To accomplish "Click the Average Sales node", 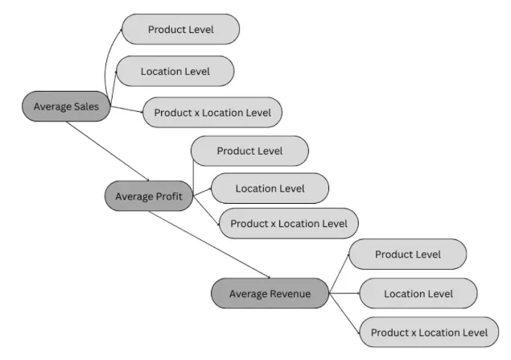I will pyautogui.click(x=66, y=106).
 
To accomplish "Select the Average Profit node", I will pyautogui.click(x=149, y=196).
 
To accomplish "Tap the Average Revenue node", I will pyautogui.click(x=270, y=293).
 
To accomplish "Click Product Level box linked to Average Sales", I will pyautogui.click(x=180, y=30).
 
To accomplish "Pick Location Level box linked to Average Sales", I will pyautogui.click(x=175, y=71).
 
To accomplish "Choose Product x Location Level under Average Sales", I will pyautogui.click(x=212, y=112).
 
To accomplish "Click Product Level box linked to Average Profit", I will pyautogui.click(x=249, y=151).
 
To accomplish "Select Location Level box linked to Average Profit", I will pyautogui.click(x=270, y=188).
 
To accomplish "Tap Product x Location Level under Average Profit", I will pyautogui.click(x=288, y=223).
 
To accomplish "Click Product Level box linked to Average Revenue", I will pyautogui.click(x=407, y=254).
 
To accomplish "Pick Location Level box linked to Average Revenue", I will pyautogui.click(x=418, y=293).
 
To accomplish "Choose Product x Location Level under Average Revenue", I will pyautogui.click(x=428, y=332).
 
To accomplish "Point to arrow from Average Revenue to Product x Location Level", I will pyautogui.click(x=344, y=312).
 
